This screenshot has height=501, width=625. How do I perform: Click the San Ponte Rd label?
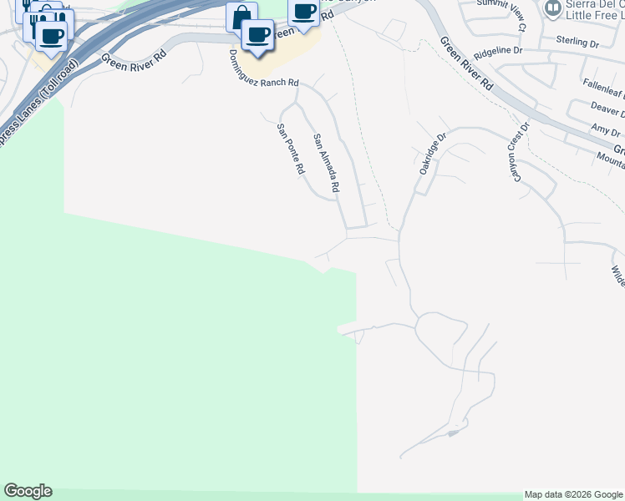point(290,149)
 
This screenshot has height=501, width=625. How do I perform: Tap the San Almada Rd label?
point(326,164)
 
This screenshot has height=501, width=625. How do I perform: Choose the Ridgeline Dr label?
point(498,53)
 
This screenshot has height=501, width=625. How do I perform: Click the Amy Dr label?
point(605,130)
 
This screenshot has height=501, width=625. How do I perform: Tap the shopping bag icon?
point(241,17)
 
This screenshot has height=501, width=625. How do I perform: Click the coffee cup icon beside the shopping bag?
point(258,35)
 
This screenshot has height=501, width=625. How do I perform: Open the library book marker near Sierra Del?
point(552,8)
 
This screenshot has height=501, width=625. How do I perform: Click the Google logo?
point(28,491)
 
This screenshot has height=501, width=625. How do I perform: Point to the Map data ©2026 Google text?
point(573,494)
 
